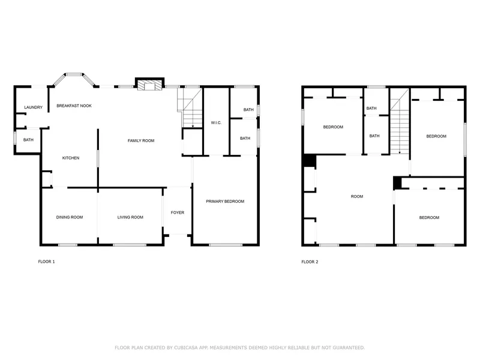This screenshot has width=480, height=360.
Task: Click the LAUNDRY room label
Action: pyautogui.click(x=34, y=107)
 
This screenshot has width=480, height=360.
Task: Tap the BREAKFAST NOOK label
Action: pyautogui.click(x=74, y=106)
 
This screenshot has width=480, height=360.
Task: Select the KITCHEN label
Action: pyautogui.click(x=71, y=158)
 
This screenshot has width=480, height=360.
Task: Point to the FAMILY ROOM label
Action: pyautogui.click(x=141, y=141)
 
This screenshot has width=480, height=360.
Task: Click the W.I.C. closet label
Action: pyautogui.click(x=216, y=123)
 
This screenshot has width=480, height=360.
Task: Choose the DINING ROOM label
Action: pyautogui.click(x=70, y=217)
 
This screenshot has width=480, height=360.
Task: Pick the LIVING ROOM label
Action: pyautogui.click(x=130, y=217)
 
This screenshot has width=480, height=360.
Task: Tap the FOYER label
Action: pyautogui.click(x=178, y=212)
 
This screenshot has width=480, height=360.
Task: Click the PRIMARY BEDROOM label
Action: pyautogui.click(x=225, y=202)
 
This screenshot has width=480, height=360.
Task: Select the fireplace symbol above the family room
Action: pyautogui.click(x=149, y=85)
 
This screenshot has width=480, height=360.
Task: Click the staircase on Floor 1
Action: pyautogui.click(x=190, y=108)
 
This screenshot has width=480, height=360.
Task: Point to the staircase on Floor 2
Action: pyautogui.click(x=400, y=122)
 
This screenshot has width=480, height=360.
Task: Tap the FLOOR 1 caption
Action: pyautogui.click(x=47, y=262)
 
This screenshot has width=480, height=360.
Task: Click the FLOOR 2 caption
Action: pyautogui.click(x=310, y=262)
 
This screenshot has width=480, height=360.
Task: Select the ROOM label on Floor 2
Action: pyautogui.click(x=357, y=197)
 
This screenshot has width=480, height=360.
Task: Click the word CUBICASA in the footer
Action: pyautogui.click(x=186, y=348)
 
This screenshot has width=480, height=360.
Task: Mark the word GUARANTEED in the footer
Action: pyautogui.click(x=349, y=348)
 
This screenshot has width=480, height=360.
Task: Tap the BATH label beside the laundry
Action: pyautogui.click(x=28, y=140)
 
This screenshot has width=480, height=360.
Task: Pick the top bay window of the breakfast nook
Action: pyautogui.click(x=74, y=74)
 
